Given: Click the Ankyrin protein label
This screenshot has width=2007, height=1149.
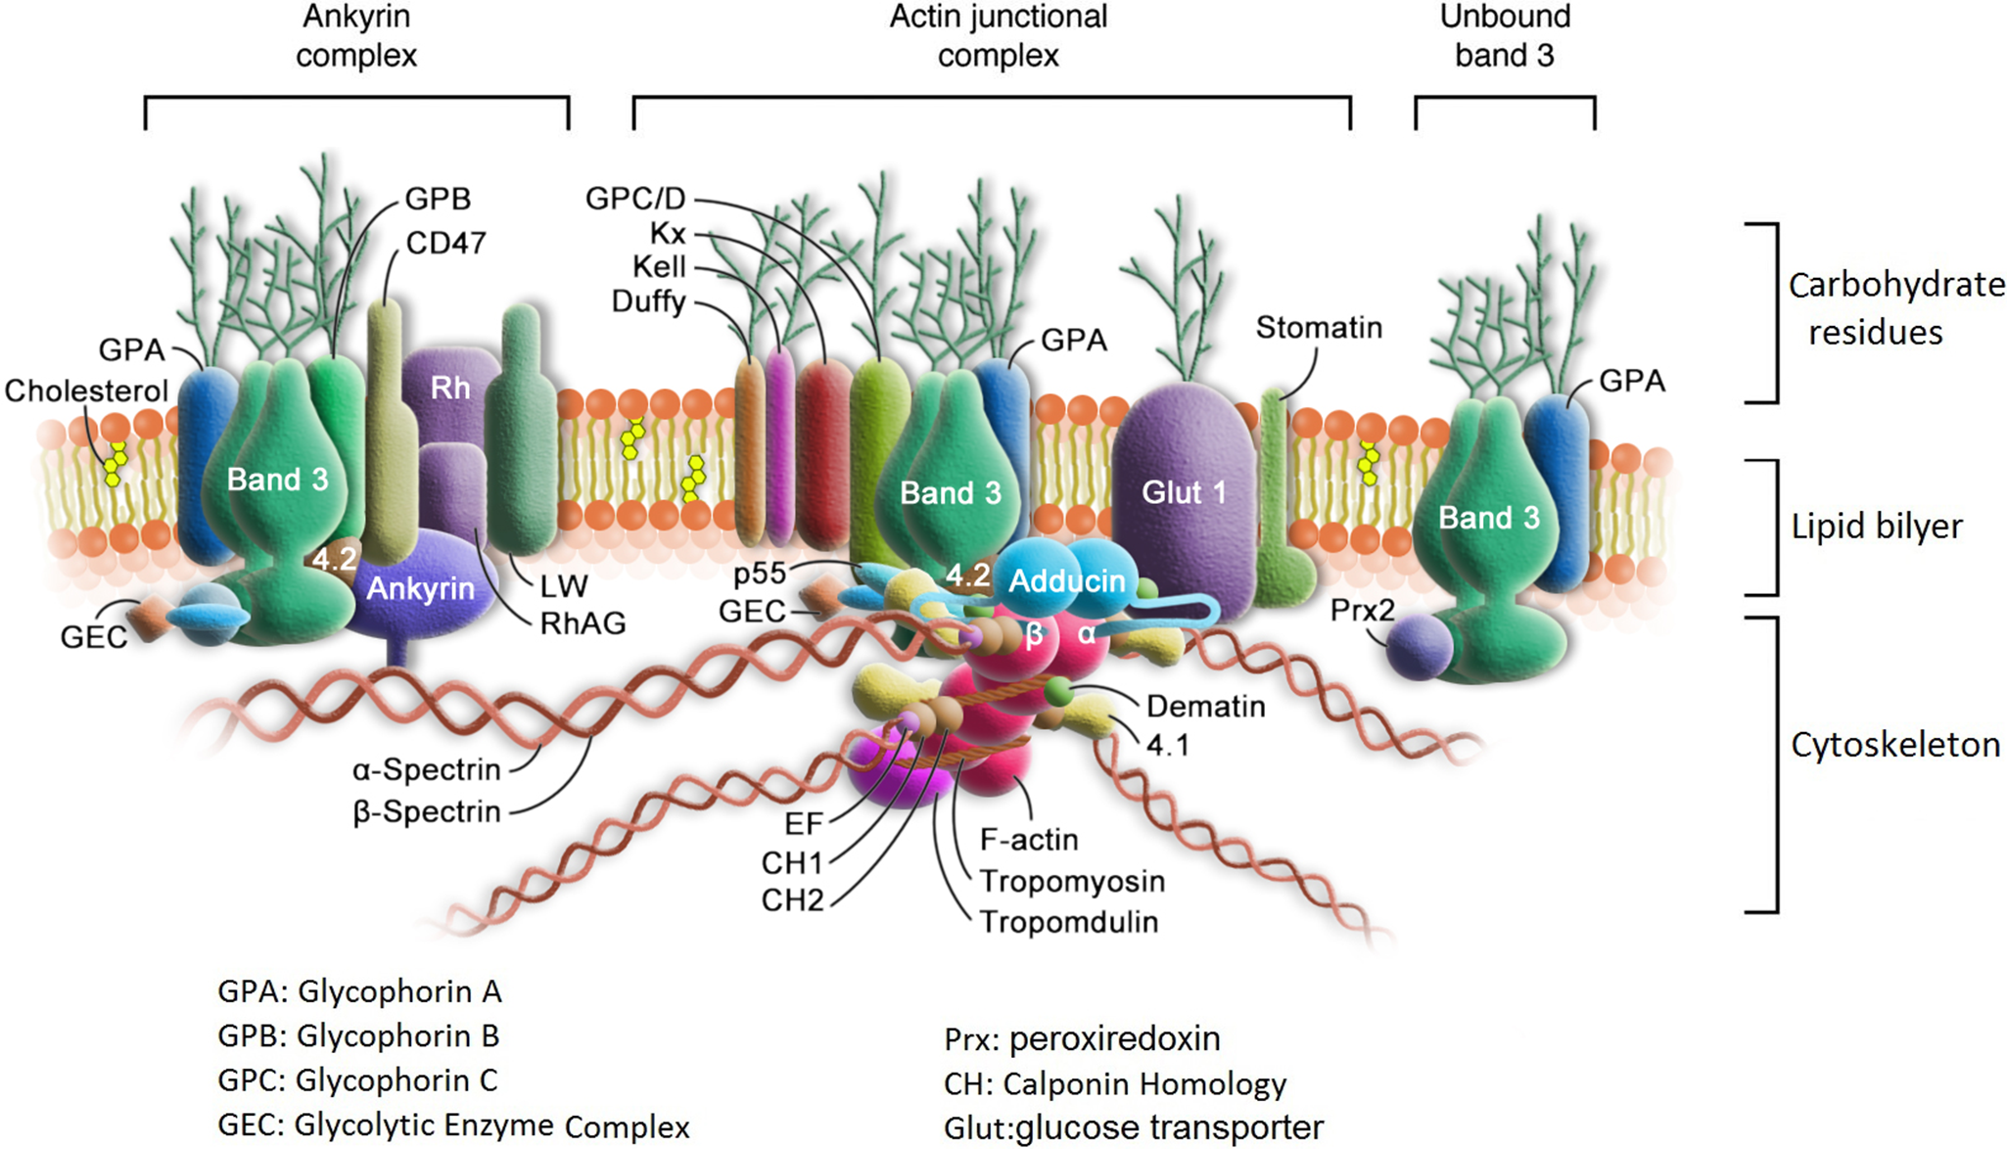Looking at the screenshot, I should click(x=420, y=588).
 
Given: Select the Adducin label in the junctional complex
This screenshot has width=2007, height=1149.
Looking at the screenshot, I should click(x=1066, y=580).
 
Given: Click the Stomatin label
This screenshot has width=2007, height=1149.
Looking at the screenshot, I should click(x=1319, y=327).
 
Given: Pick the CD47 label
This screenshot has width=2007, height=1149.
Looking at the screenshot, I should click(x=445, y=243).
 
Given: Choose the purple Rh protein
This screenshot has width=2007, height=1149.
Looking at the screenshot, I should click(x=449, y=388).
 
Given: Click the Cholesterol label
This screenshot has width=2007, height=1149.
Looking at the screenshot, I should click(x=86, y=391).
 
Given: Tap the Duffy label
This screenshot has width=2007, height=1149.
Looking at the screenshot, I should click(x=648, y=301).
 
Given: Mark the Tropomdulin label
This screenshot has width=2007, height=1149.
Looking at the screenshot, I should click(x=1069, y=922).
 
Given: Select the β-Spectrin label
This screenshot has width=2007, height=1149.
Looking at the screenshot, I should click(x=427, y=811).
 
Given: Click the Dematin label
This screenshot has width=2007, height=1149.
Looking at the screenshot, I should click(x=1205, y=706).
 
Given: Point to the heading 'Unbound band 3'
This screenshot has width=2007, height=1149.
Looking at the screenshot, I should click(x=1505, y=35).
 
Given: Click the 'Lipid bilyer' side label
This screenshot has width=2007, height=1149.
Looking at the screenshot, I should click(x=1877, y=527).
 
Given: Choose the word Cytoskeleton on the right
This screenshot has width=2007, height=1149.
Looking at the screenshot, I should click(x=1895, y=745).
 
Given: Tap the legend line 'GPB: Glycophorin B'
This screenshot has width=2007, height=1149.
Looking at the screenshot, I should click(x=358, y=1035).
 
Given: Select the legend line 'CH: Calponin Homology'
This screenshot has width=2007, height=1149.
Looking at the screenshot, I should click(x=1115, y=1084).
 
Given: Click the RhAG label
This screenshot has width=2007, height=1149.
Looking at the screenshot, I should click(x=583, y=623).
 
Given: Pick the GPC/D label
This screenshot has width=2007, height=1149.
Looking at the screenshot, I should click(x=635, y=199).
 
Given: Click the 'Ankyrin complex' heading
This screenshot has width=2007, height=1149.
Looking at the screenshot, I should click(x=356, y=35).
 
